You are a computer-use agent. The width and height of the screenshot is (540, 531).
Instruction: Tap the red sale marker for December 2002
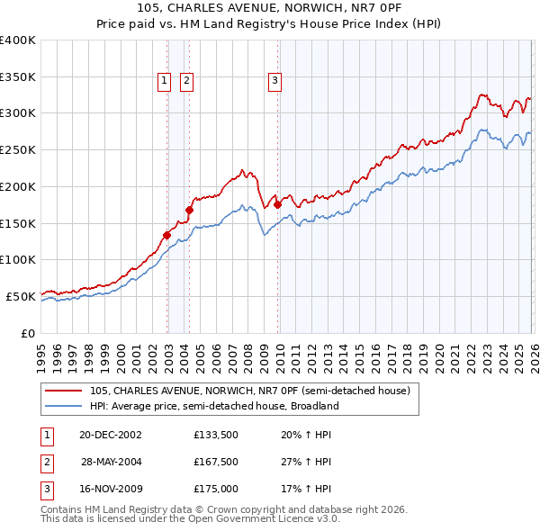[x=167, y=236]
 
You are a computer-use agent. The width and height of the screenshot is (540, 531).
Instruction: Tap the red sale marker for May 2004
[x=190, y=211]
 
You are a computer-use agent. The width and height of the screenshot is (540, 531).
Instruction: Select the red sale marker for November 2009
[x=277, y=205]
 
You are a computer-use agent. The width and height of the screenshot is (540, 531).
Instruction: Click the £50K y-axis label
[x=20, y=295]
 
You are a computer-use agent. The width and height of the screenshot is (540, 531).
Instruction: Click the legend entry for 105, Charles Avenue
[x=250, y=391]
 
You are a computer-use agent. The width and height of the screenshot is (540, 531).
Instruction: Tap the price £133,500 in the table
[x=216, y=434]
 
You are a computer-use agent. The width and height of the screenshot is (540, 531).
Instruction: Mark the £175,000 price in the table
[x=216, y=490]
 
